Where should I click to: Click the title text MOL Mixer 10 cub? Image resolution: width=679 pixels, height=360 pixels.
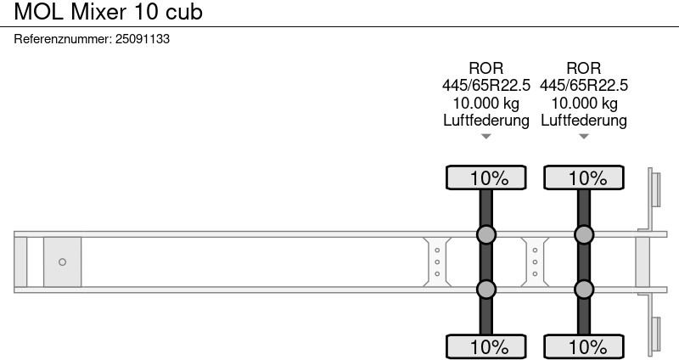click(109, 12)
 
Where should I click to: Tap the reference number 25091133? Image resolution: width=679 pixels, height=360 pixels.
click(143, 39)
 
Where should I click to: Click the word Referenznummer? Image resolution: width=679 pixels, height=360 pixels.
click(63, 39)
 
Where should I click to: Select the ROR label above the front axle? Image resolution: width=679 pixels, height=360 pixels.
click(485, 68)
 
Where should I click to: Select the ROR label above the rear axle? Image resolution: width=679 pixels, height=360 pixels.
click(584, 68)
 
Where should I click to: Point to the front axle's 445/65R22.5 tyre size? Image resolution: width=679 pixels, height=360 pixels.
click(485, 86)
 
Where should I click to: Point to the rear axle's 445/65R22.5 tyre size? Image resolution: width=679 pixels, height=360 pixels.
click(584, 86)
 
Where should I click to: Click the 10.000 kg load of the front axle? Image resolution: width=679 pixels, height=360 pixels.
click(485, 103)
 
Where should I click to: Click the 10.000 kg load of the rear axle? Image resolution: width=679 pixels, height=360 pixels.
click(584, 103)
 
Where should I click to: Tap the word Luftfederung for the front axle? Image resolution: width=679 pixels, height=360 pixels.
click(485, 120)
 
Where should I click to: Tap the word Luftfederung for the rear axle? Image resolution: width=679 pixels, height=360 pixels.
click(584, 120)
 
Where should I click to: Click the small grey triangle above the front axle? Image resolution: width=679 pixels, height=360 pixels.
click(485, 137)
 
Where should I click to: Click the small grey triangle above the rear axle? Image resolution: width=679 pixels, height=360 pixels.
click(584, 137)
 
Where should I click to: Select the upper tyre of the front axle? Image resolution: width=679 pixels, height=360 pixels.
click(485, 177)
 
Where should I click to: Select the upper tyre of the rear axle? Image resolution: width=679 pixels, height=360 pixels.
click(584, 177)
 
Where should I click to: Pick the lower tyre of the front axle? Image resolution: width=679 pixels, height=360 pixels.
click(485, 346)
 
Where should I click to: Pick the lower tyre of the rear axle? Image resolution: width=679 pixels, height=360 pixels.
click(584, 346)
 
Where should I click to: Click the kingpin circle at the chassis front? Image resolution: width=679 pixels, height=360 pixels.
click(62, 262)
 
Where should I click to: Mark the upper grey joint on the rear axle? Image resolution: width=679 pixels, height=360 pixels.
click(584, 234)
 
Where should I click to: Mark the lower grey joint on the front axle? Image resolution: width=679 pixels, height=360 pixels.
click(485, 289)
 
